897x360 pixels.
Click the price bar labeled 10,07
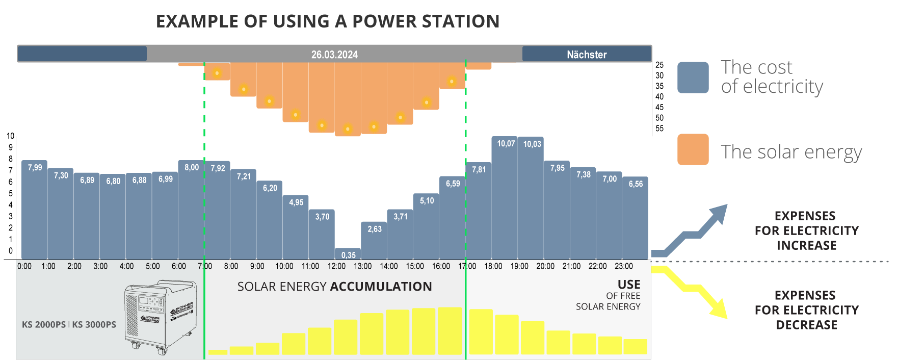pos(505,199)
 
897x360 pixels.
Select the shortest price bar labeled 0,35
pos(348,254)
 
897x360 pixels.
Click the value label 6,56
pos(636,184)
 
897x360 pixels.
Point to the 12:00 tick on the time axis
pos(336,266)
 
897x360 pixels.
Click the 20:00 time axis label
pos(545,266)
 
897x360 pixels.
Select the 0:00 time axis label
pos(24,266)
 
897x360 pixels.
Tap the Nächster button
pos(587,54)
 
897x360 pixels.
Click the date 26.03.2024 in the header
pos(334,55)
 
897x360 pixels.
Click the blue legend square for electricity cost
pos(693,78)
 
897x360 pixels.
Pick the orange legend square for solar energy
pos(693,149)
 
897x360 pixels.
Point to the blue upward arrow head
pos(720,213)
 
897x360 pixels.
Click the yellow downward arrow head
pos(719,310)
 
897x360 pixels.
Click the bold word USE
pos(629,285)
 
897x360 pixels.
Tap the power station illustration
pos(161,316)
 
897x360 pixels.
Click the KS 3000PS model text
pos(94,325)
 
